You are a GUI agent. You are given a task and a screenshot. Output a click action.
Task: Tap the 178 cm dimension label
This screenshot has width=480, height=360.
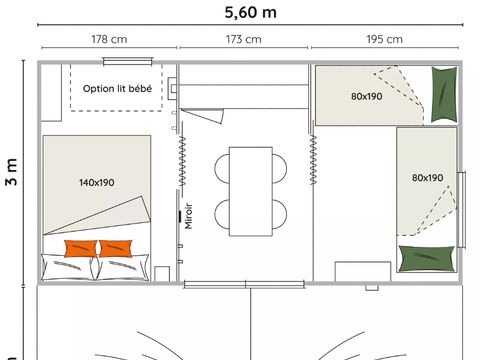pyautogui.click(x=108, y=40)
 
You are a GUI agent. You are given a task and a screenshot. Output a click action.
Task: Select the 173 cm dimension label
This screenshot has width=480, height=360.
pyautogui.click(x=244, y=40)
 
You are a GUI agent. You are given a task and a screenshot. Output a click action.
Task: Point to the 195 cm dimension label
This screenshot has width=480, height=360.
pyautogui.click(x=384, y=40)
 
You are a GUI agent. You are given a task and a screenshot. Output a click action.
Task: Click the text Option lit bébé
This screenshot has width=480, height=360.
pyautogui.click(x=117, y=89)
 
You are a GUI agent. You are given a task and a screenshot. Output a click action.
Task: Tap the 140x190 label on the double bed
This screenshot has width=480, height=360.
pyautogui.click(x=96, y=183)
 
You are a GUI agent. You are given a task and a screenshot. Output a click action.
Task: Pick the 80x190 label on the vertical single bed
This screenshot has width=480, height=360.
pyautogui.click(x=427, y=178)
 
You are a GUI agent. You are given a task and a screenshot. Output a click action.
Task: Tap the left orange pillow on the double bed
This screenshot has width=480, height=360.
pyautogui.click(x=80, y=248)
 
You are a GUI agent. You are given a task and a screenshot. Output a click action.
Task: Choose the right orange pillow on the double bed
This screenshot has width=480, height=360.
pyautogui.click(x=116, y=248)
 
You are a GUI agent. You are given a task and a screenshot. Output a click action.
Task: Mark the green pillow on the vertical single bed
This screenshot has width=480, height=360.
pyautogui.click(x=421, y=258)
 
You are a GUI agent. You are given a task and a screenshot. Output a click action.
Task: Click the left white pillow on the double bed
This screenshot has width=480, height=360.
pyautogui.click(x=68, y=267)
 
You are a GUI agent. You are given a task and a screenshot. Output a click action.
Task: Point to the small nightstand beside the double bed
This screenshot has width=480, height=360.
pyautogui.click(x=162, y=273)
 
